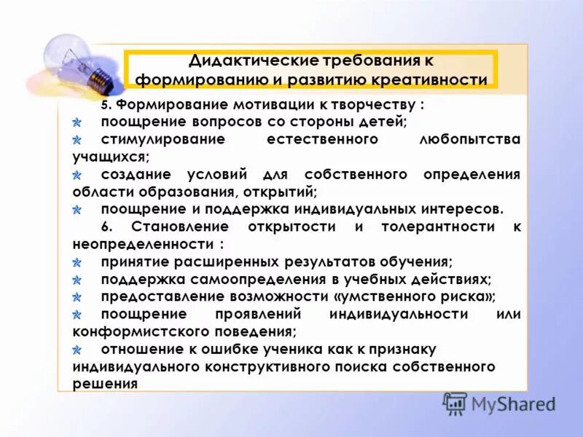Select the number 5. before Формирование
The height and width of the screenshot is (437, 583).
coord(106,105)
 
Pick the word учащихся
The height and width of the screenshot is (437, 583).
coord(110,156)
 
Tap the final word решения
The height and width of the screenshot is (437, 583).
coord(105,383)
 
